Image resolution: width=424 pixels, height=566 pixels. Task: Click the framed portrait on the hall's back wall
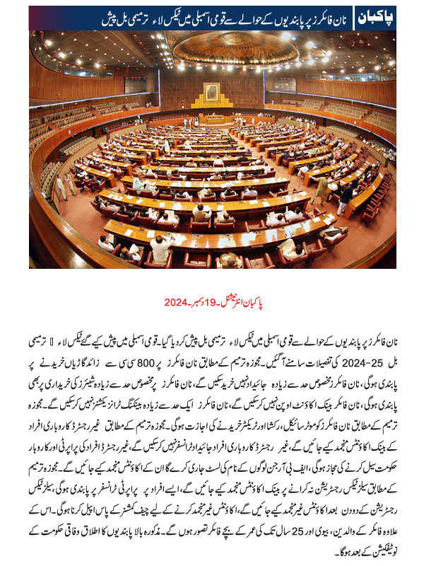211,93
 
